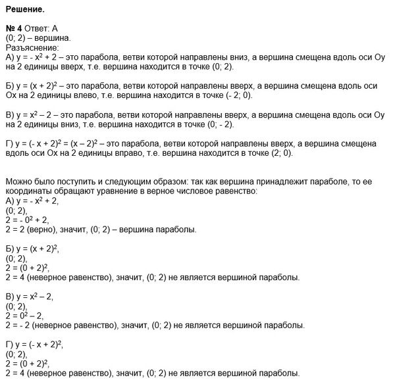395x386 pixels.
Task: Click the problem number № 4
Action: (14, 30)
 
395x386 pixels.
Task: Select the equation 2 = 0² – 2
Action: (26, 316)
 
